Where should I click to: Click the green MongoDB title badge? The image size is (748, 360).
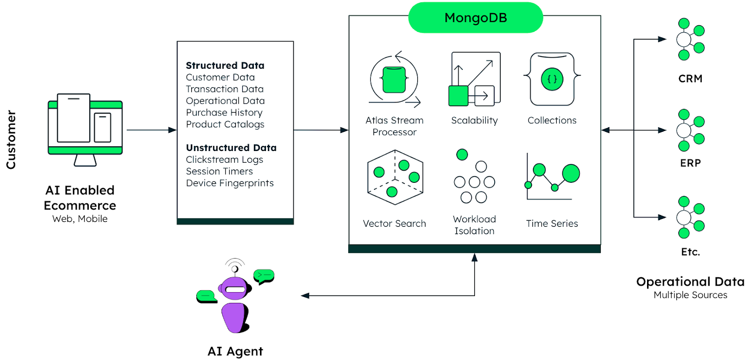tap(475, 18)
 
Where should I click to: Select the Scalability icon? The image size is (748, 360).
tap(474, 79)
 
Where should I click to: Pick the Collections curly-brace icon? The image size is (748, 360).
tap(552, 79)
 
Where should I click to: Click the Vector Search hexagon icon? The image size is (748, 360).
tap(395, 178)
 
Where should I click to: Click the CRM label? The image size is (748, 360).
tap(690, 79)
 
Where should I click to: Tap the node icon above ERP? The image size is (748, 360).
tap(690, 130)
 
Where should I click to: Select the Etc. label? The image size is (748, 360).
tap(690, 252)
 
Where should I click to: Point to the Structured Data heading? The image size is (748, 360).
tap(225, 65)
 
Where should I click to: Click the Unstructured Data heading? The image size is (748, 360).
tap(231, 148)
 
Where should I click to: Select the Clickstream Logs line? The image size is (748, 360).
tap(224, 159)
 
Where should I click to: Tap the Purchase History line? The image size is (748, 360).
tap(224, 113)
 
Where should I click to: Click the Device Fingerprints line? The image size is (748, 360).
tap(230, 183)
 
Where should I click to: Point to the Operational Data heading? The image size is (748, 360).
tap(690, 282)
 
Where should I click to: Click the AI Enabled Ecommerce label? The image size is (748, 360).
tap(80, 198)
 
